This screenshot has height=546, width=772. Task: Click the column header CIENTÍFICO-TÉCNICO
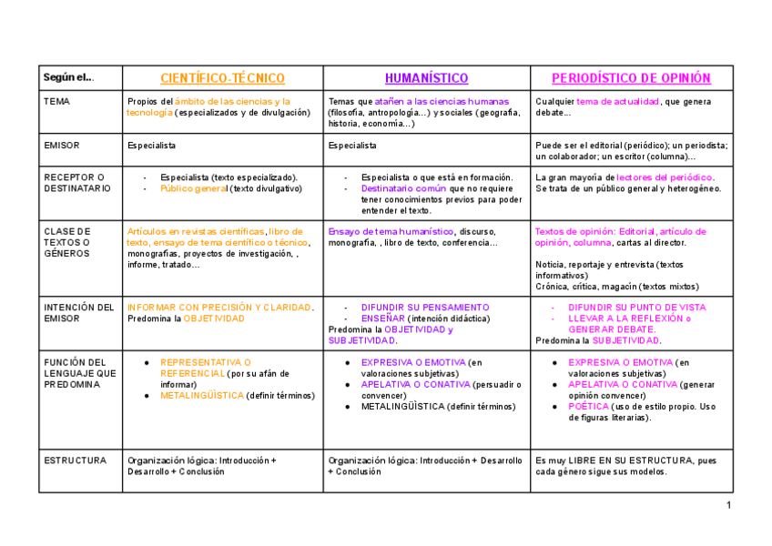point(222,78)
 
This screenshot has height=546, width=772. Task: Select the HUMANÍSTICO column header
point(426,78)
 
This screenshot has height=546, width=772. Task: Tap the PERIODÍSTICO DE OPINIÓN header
point(631,78)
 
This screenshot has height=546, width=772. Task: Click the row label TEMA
point(56,101)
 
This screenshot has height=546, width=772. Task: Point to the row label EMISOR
point(62,145)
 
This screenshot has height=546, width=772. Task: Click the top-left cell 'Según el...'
point(69,77)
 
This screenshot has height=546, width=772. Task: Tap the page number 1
point(729,505)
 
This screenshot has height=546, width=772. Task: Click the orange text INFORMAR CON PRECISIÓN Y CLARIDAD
point(219,308)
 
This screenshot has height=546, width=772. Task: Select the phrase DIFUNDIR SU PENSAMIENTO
point(424,308)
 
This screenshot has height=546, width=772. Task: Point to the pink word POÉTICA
point(589,407)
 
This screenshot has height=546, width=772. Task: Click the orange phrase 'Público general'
point(193,188)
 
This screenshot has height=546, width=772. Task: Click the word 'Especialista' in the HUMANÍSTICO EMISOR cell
point(352,145)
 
